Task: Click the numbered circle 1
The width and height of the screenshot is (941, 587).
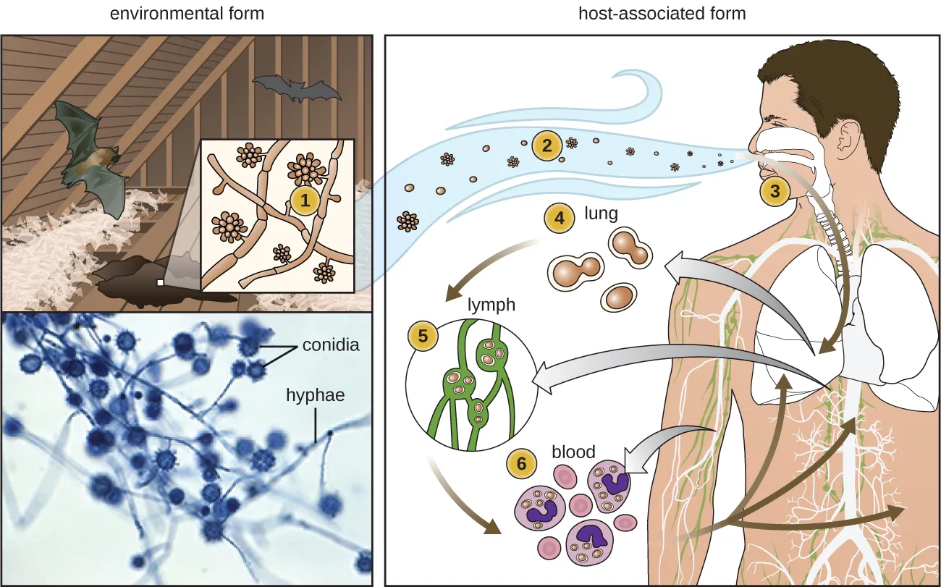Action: pos(305,203)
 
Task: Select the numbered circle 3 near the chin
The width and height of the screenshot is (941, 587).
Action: pos(775,191)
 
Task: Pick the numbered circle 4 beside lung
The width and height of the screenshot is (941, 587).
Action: pos(558,217)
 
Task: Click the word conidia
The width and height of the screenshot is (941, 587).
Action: pos(330,345)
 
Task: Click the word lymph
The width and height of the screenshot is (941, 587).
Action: pos(491,305)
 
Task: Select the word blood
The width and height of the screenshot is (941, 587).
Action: pos(573,452)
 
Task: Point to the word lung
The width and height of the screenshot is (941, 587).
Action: pos(601,214)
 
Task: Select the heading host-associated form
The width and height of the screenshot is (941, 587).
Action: pos(662,13)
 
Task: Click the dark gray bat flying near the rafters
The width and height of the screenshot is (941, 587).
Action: pos(297,88)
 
